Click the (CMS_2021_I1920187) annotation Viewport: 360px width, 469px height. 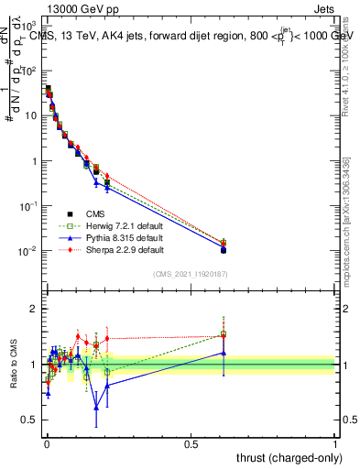(191, 274)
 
